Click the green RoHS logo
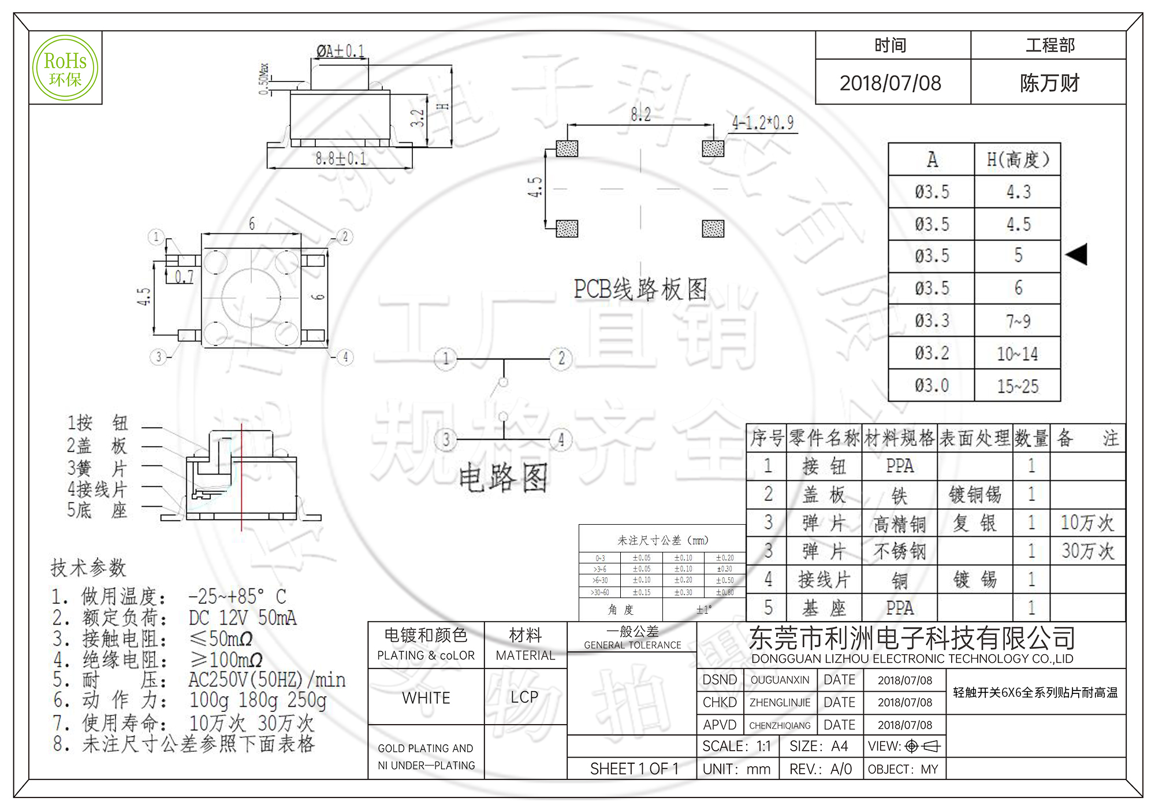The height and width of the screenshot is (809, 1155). [x=65, y=68]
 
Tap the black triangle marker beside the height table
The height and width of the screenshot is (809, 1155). [x=1076, y=254]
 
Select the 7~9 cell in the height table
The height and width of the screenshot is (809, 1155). [x=1018, y=321]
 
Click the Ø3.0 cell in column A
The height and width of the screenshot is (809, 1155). [x=932, y=385]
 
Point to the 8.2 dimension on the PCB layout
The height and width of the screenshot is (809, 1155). [x=640, y=114]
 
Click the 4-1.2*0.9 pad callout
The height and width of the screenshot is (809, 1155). [x=762, y=123]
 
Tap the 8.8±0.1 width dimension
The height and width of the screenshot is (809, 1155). [x=340, y=158]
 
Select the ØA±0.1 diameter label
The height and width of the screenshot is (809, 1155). [x=340, y=51]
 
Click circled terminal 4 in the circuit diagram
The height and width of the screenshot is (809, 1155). [x=561, y=440]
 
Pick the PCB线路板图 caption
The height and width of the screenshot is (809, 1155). [x=640, y=289]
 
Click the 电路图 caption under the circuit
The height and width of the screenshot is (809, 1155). [x=503, y=478]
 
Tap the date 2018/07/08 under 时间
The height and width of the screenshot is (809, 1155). [x=890, y=83]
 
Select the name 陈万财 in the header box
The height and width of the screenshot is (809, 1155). [x=1049, y=83]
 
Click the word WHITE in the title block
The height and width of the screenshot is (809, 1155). [x=426, y=697]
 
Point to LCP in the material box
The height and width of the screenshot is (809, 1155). [x=524, y=697]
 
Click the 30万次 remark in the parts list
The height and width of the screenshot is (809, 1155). [x=1087, y=551]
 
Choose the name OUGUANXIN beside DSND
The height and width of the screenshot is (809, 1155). [x=780, y=680]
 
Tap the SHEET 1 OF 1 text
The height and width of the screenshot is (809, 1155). [x=634, y=769]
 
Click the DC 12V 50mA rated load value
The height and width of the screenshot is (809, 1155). [x=243, y=618]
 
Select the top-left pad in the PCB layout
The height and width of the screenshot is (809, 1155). [x=567, y=149]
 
